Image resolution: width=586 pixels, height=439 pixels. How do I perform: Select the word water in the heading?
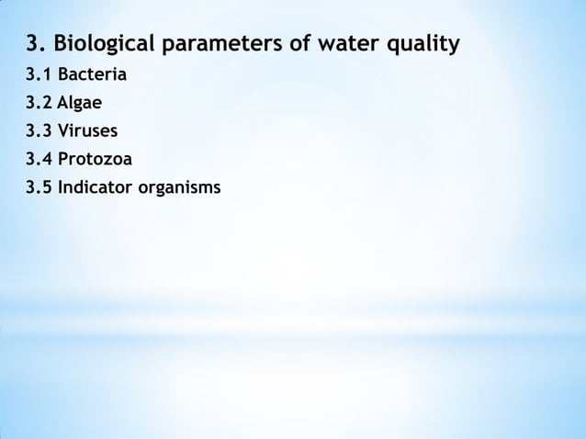click(338, 43)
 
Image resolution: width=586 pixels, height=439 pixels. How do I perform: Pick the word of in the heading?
click(289, 43)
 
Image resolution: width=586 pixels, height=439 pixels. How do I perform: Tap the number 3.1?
click(39, 73)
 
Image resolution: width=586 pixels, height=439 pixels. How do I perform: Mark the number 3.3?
click(39, 130)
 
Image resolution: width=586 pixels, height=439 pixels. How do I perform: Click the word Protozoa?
click(95, 160)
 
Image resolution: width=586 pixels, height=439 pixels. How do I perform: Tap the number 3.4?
click(39, 160)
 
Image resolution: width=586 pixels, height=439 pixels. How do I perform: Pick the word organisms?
click(180, 189)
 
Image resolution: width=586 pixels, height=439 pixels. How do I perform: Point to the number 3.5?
click(39, 189)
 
